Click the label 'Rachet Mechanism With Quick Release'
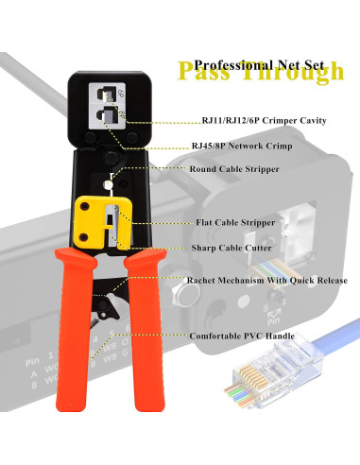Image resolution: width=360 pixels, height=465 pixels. pyautogui.click(x=268, y=280)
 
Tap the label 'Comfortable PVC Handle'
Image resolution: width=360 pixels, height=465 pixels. pyautogui.click(x=242, y=336)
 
